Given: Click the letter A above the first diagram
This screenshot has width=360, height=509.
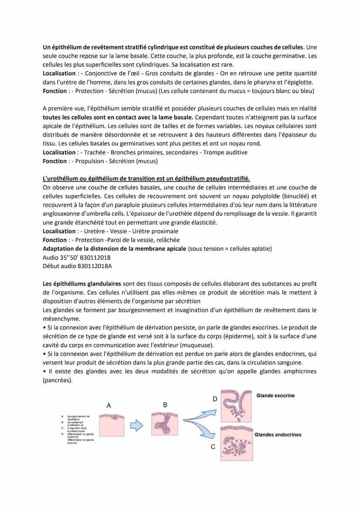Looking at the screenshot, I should [109, 405].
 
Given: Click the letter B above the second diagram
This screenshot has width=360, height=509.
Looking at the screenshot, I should [165, 405].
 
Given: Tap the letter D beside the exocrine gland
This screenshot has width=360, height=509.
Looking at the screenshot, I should [214, 398].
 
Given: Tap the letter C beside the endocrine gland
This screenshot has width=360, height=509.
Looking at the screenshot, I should [213, 447].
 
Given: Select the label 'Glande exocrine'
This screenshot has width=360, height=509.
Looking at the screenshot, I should [275, 395].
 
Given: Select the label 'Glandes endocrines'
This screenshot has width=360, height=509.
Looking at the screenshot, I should [278, 435].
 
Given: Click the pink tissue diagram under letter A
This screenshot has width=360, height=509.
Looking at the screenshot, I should [112, 425].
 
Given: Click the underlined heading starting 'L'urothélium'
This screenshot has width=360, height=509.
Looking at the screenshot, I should [146, 179].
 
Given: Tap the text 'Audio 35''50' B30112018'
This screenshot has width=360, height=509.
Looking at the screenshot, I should [77, 257].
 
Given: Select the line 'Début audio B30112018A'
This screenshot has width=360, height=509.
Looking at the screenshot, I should [77, 266].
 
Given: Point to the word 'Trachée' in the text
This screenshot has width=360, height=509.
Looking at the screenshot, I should [94, 152].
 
